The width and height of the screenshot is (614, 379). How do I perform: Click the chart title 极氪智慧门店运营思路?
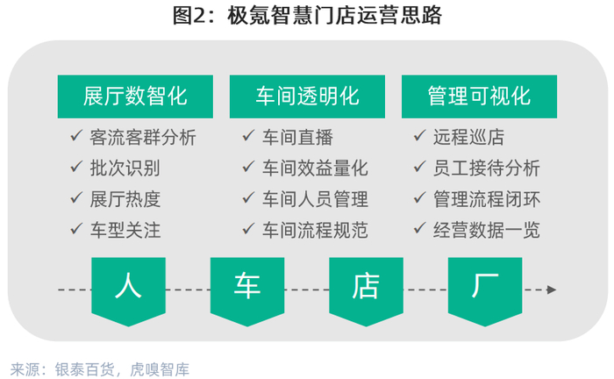click(335, 16)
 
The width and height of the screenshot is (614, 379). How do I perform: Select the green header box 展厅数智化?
click(135, 97)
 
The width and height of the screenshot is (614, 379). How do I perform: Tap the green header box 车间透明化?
click(307, 97)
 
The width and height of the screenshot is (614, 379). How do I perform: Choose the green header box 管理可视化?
click(479, 97)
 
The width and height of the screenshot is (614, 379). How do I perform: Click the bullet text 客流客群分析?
click(143, 138)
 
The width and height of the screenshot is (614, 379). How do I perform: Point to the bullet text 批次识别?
click(125, 168)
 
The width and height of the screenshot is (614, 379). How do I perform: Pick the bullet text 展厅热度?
click(125, 199)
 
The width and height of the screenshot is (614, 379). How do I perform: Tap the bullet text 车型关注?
click(125, 230)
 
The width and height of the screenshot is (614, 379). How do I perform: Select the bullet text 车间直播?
click(297, 138)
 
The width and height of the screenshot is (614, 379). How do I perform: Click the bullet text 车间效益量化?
click(315, 168)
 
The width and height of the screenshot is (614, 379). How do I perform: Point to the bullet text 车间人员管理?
click(315, 199)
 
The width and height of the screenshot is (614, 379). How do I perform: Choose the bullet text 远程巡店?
click(468, 138)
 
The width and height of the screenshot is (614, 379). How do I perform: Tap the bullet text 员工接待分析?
click(487, 168)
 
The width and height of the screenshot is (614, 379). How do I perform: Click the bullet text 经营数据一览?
click(487, 230)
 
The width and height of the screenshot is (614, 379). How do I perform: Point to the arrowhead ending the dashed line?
click(552, 290)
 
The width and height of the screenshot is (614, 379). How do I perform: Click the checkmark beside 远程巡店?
click(419, 136)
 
